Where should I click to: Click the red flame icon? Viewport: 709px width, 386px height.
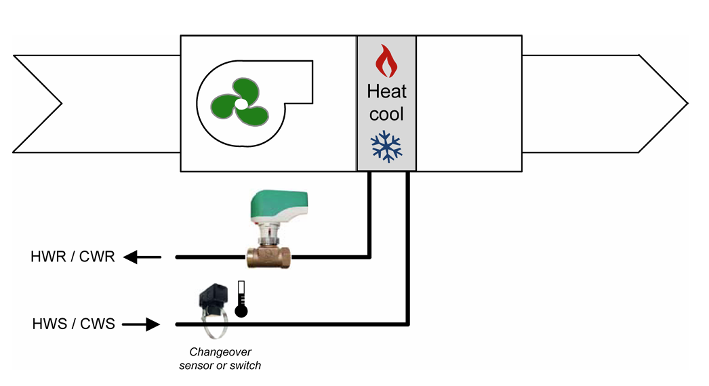[386, 61]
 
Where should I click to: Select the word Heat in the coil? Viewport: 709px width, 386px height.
[386, 91]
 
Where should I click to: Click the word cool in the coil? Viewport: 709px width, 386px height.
[386, 113]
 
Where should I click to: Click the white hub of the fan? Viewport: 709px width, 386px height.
[241, 104]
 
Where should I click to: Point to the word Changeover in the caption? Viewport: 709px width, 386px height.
[220, 352]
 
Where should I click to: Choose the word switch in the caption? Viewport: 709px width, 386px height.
[245, 366]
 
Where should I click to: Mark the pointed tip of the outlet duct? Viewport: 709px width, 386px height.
[687, 103]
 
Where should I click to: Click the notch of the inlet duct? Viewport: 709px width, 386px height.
[61, 104]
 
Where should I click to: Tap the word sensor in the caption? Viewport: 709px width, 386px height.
[196, 366]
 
